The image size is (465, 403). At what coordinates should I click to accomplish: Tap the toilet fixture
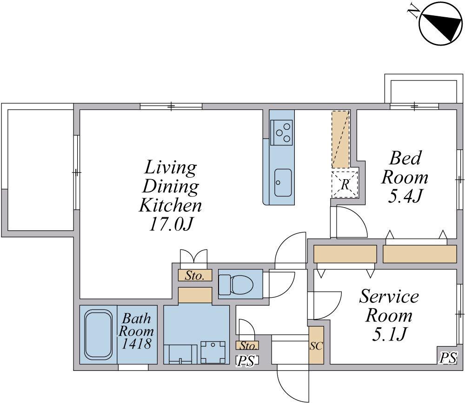click(x=236, y=283)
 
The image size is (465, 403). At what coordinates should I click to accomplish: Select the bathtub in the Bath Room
click(x=99, y=335)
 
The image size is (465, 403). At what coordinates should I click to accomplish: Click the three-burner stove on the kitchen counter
click(x=281, y=132)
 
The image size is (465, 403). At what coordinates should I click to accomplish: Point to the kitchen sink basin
click(x=283, y=182)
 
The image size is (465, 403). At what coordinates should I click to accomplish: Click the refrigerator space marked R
click(x=345, y=184)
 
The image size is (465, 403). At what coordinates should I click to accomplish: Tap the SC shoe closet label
click(x=316, y=345)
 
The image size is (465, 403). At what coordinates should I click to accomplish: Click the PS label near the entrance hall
click(x=247, y=361)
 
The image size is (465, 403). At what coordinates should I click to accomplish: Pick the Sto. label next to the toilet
click(x=194, y=275)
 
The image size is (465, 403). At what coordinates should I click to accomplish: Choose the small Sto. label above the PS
click(x=248, y=345)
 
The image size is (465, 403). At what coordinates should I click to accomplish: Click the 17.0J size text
click(x=171, y=225)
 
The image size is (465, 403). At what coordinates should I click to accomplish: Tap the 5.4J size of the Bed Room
click(x=405, y=196)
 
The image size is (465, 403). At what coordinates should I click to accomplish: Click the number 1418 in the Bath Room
click(x=136, y=343)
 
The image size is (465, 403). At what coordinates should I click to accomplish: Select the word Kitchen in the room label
click(x=170, y=205)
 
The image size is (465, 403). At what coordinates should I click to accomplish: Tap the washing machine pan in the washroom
click(x=213, y=352)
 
